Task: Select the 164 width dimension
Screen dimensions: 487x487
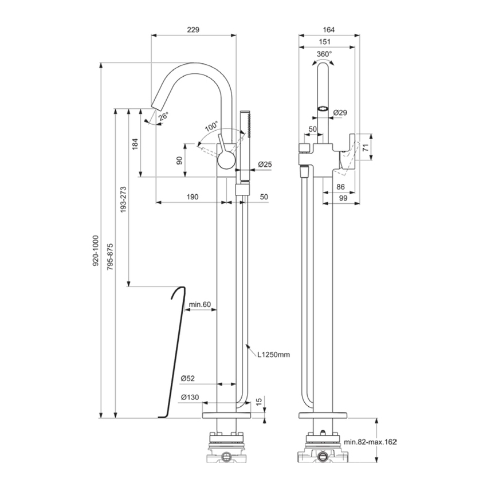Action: [x=328, y=30]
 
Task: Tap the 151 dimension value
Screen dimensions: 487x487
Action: [x=324, y=42]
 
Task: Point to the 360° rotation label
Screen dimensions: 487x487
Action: [x=324, y=54]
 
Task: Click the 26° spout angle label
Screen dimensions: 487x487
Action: [x=164, y=116]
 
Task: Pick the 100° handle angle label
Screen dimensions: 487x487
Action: [x=210, y=124]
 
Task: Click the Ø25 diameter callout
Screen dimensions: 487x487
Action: [x=265, y=164]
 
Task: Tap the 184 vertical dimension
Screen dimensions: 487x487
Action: [x=135, y=144]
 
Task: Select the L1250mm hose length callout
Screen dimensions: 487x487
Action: [x=273, y=355]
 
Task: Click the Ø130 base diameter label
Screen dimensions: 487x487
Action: [x=190, y=397]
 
